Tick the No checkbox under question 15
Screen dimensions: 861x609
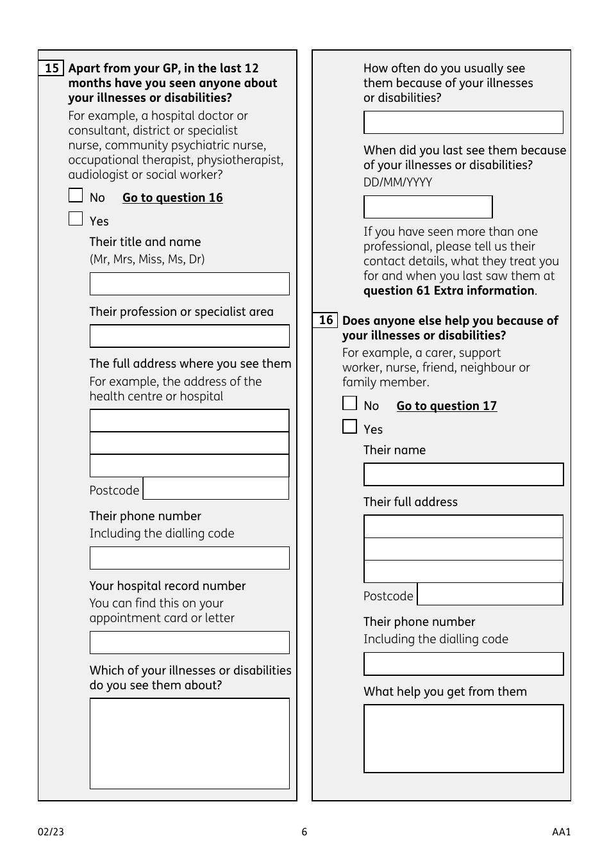(76, 195)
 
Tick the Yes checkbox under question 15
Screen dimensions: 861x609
(76, 219)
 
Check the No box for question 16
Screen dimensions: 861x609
(349, 404)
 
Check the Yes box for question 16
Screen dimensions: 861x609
(349, 427)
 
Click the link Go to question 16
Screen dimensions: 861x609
(172, 198)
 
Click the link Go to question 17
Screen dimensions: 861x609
(446, 406)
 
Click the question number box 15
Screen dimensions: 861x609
(51, 68)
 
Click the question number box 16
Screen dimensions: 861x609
(326, 320)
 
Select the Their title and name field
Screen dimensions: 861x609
(189, 284)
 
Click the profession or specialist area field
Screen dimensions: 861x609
(189, 336)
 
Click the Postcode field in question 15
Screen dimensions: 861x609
(215, 489)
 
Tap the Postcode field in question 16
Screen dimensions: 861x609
(490, 594)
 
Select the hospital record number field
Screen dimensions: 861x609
(189, 643)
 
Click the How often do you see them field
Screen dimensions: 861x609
(463, 122)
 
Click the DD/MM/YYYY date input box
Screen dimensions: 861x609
(428, 207)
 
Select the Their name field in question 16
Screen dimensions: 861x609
(463, 475)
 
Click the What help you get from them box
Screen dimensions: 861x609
(463, 739)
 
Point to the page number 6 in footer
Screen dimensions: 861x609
(304, 832)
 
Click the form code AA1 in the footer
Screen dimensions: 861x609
(561, 832)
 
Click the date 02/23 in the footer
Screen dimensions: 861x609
(51, 832)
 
